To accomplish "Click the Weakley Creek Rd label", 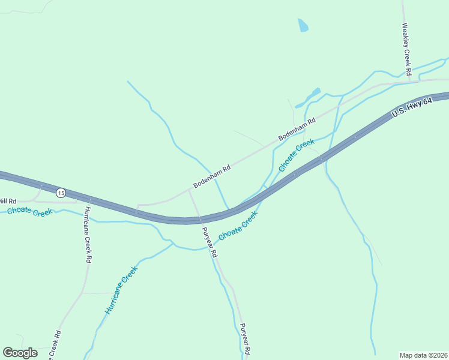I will [x=406, y=49].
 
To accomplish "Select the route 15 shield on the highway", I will [x=61, y=193].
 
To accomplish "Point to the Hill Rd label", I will [x=8, y=201].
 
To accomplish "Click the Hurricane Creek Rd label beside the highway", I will [x=88, y=235].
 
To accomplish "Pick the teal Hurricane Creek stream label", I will [x=122, y=290].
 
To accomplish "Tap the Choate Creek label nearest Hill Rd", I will [x=30, y=212].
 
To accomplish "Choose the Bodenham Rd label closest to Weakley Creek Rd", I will [x=297, y=130].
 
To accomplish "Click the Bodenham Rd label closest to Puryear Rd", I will [x=212, y=177].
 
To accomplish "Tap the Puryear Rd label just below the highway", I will [x=209, y=242].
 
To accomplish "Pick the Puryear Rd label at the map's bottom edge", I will [x=244, y=340].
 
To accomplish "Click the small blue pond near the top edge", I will [x=303, y=25].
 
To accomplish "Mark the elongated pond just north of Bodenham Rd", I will [x=308, y=98].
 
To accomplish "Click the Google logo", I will [x=20, y=353].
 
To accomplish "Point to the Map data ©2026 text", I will [x=423, y=355].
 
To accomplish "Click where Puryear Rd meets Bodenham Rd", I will [x=189, y=190].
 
